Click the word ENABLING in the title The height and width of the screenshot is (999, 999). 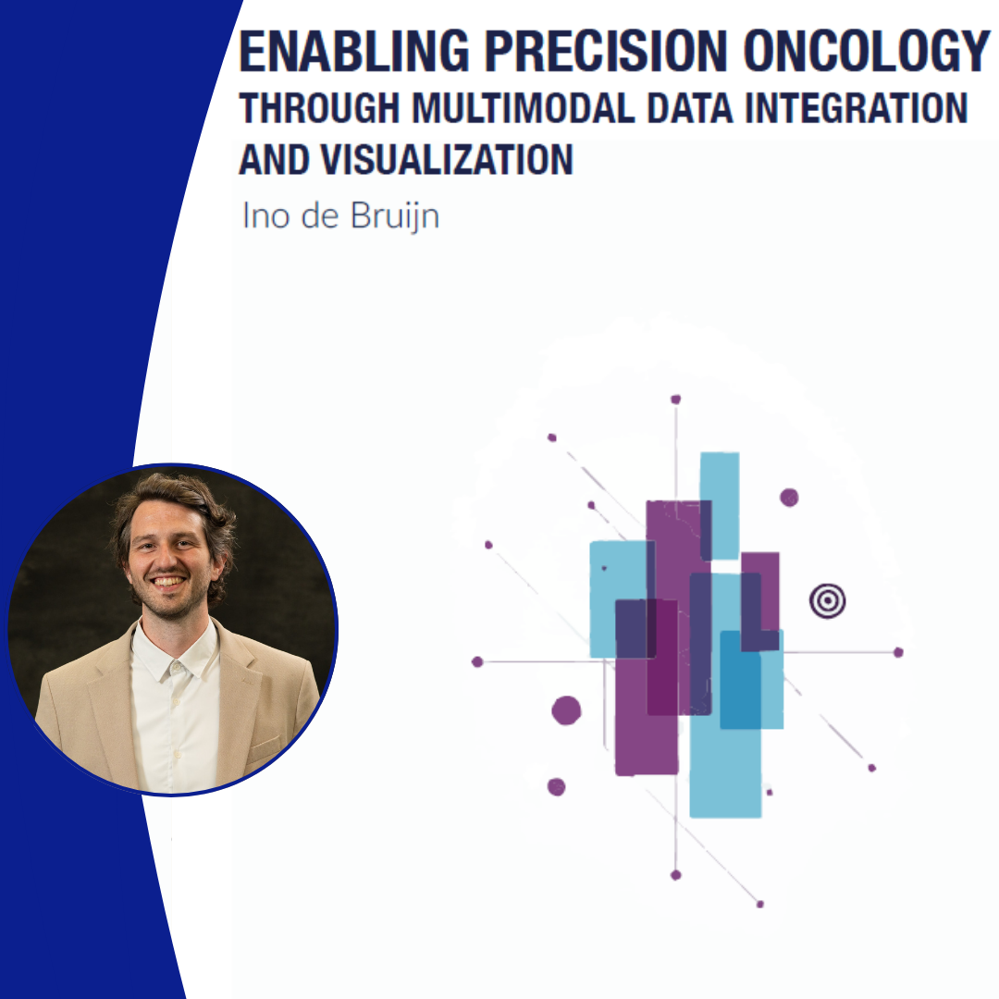click(x=353, y=50)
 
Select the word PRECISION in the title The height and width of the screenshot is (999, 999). click(x=605, y=50)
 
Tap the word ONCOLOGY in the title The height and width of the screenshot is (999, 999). click(x=866, y=50)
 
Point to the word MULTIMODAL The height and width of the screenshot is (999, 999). click(x=523, y=107)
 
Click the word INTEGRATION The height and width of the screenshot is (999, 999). click(x=856, y=107)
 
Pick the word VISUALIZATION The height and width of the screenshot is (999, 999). click(x=447, y=159)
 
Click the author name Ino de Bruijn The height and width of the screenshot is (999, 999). click(x=340, y=216)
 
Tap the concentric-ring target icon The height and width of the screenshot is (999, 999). click(x=827, y=600)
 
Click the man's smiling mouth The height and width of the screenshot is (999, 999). click(x=169, y=582)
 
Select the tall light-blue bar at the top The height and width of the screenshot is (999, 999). click(x=720, y=505)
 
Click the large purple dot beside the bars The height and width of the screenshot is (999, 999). click(x=566, y=710)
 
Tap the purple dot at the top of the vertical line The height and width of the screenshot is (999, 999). click(x=675, y=400)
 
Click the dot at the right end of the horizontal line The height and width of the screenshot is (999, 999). click(x=898, y=652)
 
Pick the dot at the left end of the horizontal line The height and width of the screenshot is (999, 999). click(x=477, y=662)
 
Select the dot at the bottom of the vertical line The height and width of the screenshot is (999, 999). click(x=676, y=875)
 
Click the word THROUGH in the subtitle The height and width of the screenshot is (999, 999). click(x=319, y=107)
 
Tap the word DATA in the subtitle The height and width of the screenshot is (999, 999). click(x=690, y=107)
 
